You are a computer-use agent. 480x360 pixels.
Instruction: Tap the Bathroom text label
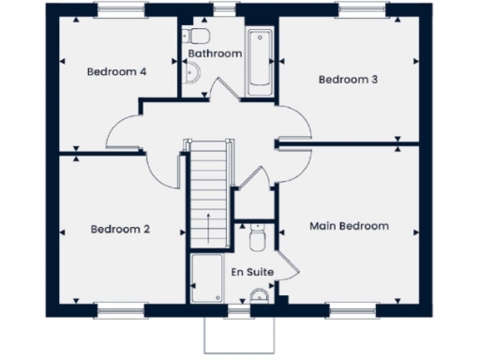pos(215,54)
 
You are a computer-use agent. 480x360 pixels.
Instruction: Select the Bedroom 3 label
pos(348,80)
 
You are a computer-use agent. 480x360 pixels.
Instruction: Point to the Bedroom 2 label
pos(121,229)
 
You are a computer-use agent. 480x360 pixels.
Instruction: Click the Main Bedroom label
pos(349,226)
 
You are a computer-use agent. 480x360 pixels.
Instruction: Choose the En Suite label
pos(252,272)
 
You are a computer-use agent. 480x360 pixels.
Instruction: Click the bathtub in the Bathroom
pos(260,62)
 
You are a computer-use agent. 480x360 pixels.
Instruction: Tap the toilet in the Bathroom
pos(197,37)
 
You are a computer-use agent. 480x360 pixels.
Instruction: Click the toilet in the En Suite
pos(260,240)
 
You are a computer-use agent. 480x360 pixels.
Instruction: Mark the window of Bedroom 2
pos(119,308)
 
